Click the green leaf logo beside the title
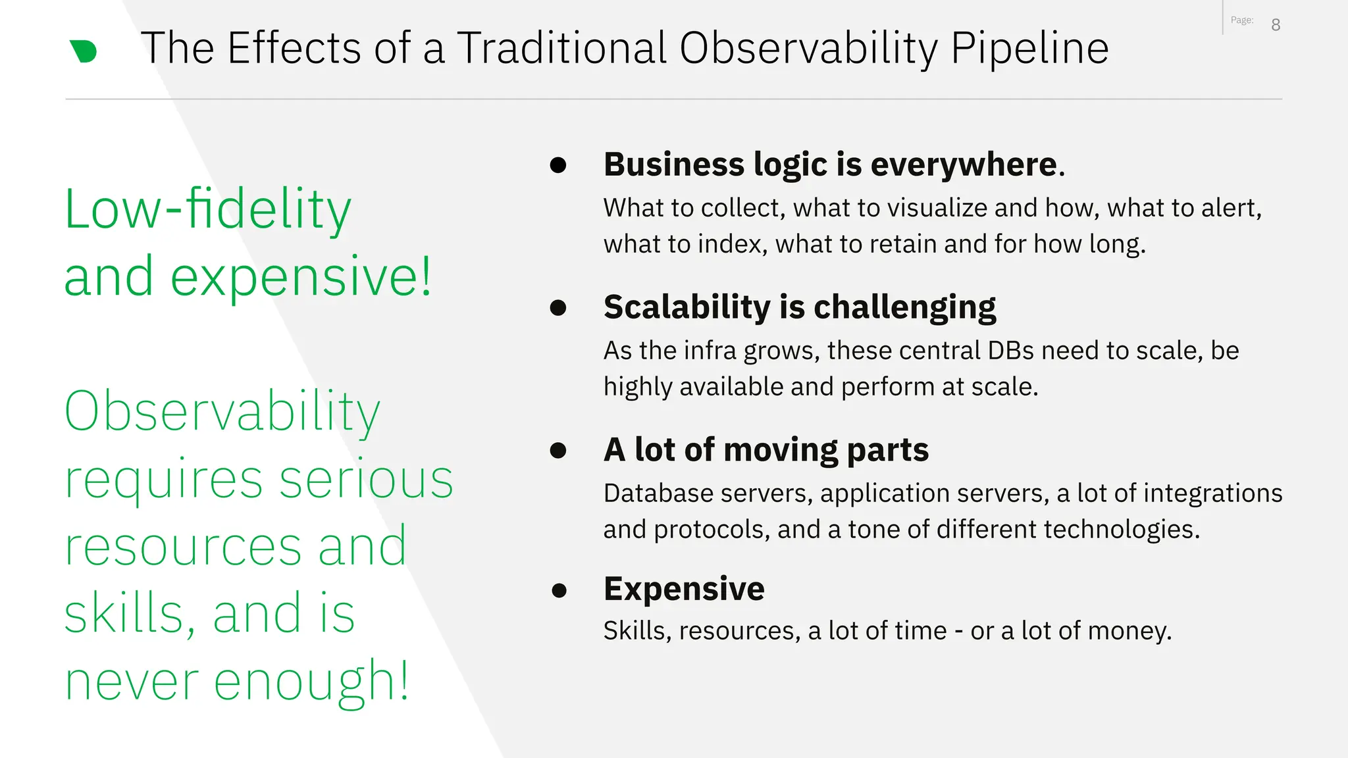click(84, 51)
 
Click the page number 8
click(1276, 25)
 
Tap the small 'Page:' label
click(1242, 20)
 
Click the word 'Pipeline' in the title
click(1029, 49)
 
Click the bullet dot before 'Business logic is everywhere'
click(558, 165)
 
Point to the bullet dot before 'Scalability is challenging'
click(558, 308)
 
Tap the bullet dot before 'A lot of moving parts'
click(558, 451)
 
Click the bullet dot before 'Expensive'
click(559, 590)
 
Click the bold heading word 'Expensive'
click(684, 589)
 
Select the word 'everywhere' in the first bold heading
click(963, 164)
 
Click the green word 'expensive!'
click(301, 277)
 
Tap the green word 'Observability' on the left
click(222, 411)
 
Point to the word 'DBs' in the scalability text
click(1010, 351)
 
